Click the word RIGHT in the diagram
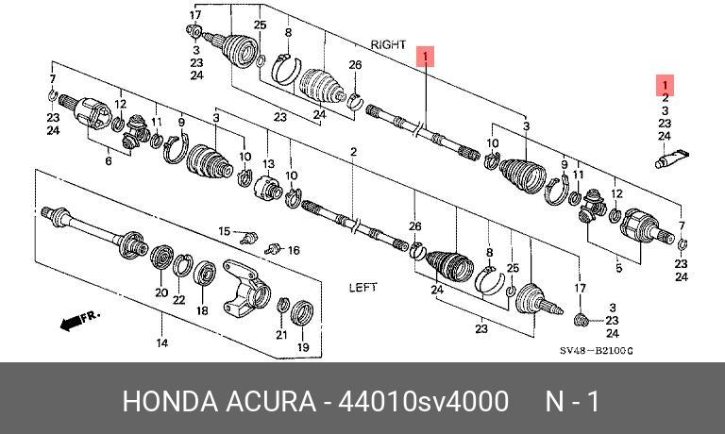click(388, 44)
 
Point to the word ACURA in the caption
click(271, 401)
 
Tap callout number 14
click(162, 343)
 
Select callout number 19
click(303, 348)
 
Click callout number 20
click(161, 293)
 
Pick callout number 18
click(202, 310)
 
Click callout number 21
click(281, 335)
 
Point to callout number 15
click(224, 231)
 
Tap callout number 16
click(294, 250)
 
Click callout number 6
click(108, 162)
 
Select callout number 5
click(619, 268)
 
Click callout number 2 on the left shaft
click(352, 152)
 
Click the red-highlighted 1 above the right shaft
click(426, 57)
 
